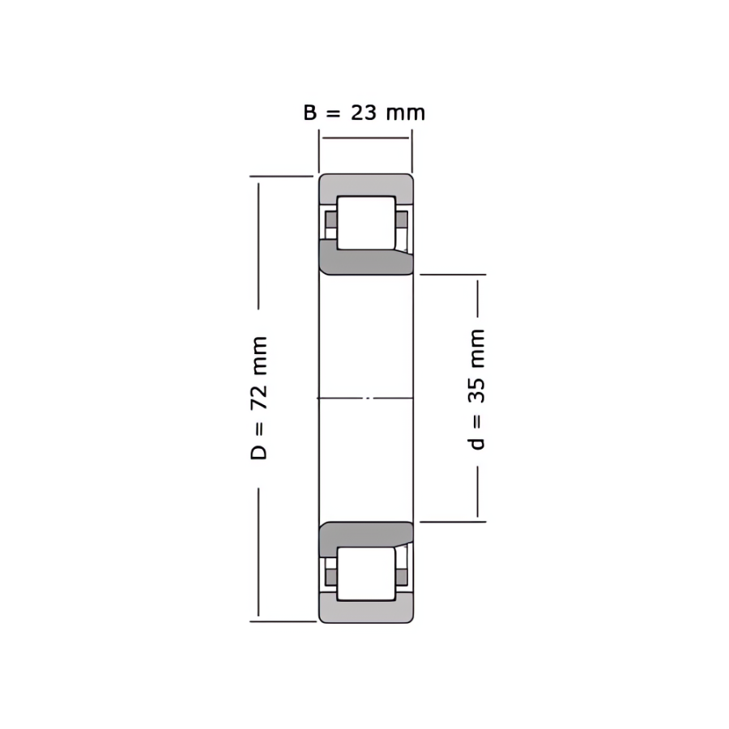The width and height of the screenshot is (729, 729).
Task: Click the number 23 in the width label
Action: [x=364, y=113]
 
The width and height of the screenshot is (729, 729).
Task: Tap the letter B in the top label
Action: [x=310, y=113]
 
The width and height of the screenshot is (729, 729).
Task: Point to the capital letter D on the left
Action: [x=259, y=452]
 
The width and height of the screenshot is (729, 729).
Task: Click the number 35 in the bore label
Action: [x=476, y=390]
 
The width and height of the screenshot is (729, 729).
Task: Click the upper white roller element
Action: [x=366, y=223]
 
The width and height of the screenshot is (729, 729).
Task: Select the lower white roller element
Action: [x=366, y=573]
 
